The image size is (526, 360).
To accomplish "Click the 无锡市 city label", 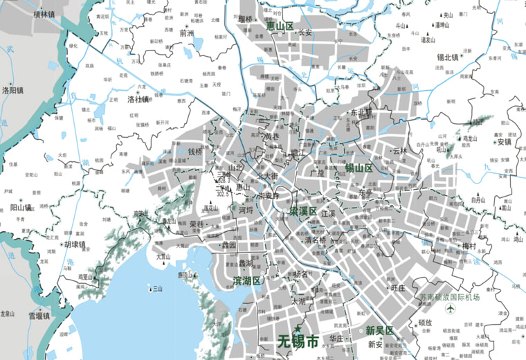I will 298,341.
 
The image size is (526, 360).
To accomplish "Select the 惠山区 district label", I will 281,26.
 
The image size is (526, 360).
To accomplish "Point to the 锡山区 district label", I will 359,168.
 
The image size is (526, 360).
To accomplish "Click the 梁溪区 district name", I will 303,210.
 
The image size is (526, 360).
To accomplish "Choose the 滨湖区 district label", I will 246,281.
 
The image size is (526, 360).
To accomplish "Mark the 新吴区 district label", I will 379,330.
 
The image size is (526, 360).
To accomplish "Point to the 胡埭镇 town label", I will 73,244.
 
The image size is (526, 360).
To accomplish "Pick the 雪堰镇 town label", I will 39,316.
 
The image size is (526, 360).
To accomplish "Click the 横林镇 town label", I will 44,14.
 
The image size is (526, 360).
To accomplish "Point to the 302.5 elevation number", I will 223,195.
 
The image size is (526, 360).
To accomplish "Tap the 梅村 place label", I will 469,246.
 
